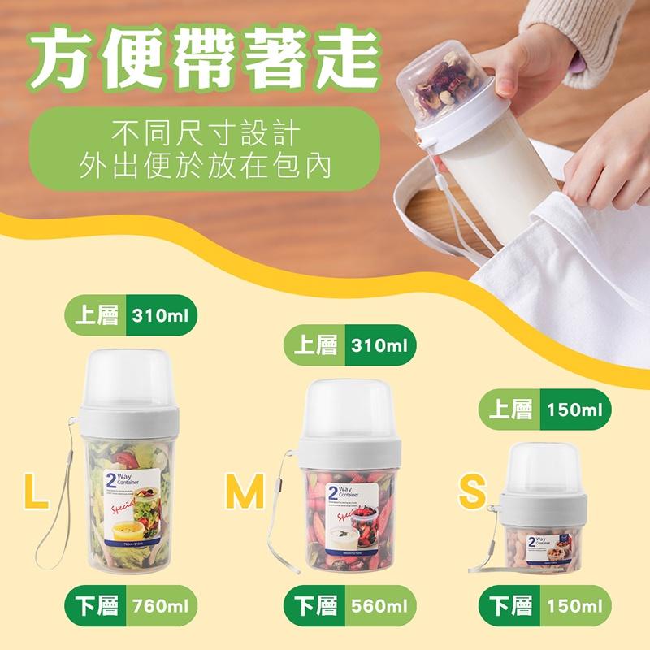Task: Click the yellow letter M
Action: click(245, 492)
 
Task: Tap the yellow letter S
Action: click(472, 492)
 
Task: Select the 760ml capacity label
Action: click(162, 605)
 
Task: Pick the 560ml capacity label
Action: click(379, 605)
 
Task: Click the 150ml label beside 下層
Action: click(574, 605)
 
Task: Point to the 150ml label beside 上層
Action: click(574, 409)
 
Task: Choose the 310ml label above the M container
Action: click(379, 345)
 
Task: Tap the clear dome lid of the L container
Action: click(131, 379)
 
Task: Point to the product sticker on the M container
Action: click(351, 523)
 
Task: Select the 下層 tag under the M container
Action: click(314, 605)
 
